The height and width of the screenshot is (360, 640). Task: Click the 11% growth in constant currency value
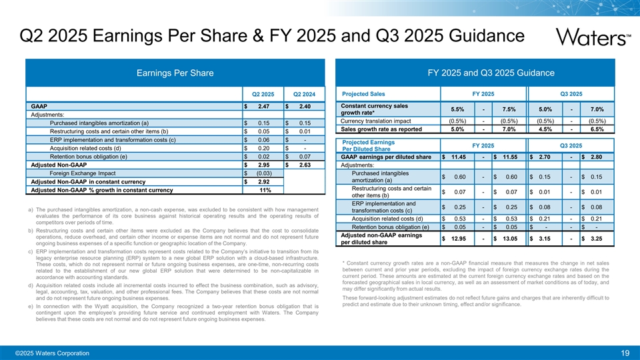coord(265,190)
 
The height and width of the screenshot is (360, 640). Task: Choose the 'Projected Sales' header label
coord(363,93)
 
